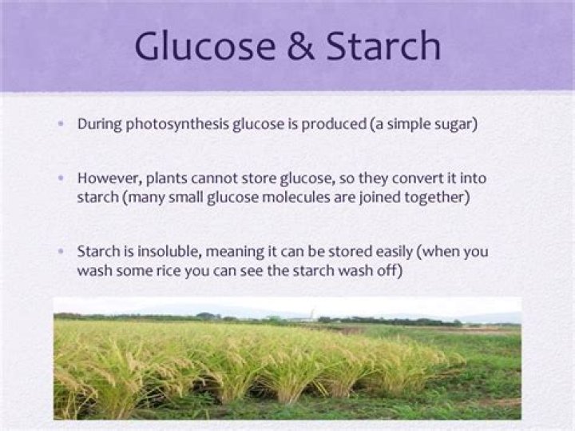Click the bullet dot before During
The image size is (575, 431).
pos(62,125)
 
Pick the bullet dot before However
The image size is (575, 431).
pos(62,177)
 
